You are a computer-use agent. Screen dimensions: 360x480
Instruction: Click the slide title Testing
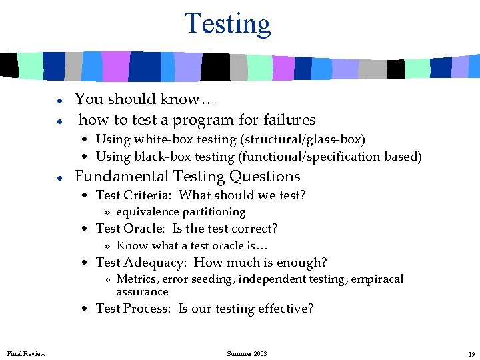(x=227, y=23)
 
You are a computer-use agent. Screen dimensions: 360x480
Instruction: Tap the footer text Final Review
(x=27, y=353)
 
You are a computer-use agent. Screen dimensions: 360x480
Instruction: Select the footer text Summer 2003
(x=247, y=353)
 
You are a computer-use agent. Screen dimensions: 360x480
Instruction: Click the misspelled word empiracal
(x=377, y=279)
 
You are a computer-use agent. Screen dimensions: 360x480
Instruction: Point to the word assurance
(x=142, y=291)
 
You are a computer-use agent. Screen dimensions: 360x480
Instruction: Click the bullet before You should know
(x=59, y=100)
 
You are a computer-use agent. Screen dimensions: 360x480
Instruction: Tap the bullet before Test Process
(x=86, y=309)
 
